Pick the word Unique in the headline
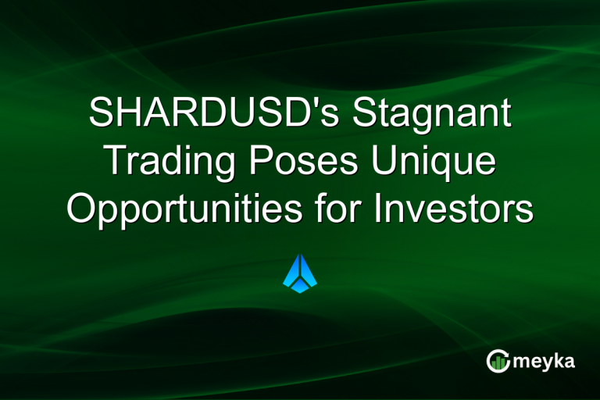(441, 162)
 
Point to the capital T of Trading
(116, 162)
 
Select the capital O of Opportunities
(81, 209)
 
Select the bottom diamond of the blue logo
(300, 287)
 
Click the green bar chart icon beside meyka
(498, 360)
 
